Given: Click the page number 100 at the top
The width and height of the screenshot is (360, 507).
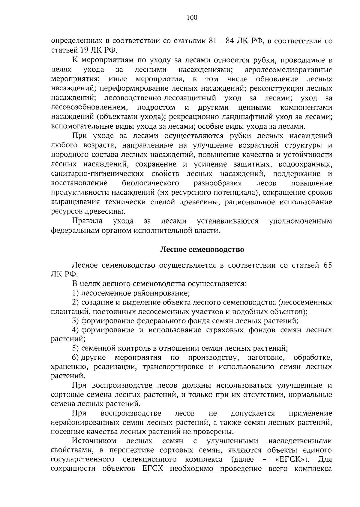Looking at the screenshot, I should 192,18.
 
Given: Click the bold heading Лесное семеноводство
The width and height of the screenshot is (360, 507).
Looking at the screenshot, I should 202,250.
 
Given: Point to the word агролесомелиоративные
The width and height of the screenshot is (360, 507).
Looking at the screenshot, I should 289,70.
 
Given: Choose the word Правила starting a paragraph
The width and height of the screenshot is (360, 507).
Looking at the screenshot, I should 87,221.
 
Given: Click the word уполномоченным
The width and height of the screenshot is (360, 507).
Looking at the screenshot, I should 301,221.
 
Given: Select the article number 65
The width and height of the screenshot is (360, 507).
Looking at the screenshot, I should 328,265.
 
